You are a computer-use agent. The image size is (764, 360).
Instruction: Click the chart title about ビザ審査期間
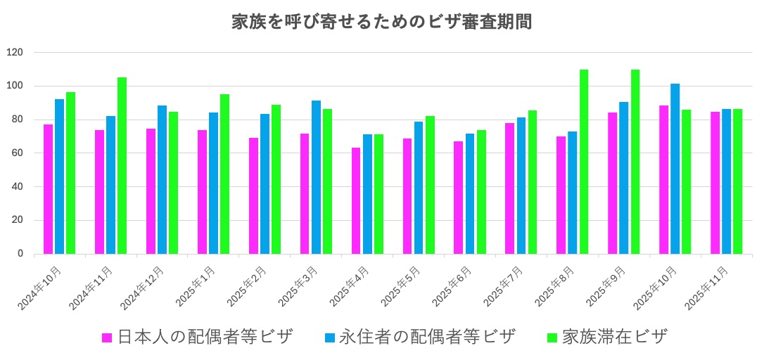(x=381, y=22)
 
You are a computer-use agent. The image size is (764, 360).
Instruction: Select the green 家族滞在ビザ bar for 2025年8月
(x=583, y=162)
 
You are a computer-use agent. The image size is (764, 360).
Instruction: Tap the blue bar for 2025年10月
(x=675, y=169)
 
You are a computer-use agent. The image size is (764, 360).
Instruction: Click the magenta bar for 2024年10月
(x=49, y=189)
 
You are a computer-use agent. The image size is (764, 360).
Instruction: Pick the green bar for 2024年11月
(x=122, y=165)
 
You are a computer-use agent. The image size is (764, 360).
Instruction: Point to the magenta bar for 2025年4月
(x=356, y=201)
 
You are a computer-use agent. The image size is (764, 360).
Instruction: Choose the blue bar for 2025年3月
(x=316, y=177)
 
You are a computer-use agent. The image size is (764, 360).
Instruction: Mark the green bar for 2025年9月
(x=635, y=162)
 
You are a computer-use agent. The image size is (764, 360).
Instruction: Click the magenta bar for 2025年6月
(x=459, y=198)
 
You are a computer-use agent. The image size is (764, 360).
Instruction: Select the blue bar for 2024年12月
(x=162, y=179)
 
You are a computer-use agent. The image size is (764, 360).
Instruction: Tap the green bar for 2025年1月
(x=224, y=174)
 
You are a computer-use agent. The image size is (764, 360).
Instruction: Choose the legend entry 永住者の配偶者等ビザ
(x=419, y=337)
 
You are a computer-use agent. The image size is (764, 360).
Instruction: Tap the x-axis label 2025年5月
(x=402, y=288)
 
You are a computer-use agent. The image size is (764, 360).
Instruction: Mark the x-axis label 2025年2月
(x=248, y=288)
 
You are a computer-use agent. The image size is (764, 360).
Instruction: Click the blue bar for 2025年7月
(x=521, y=186)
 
